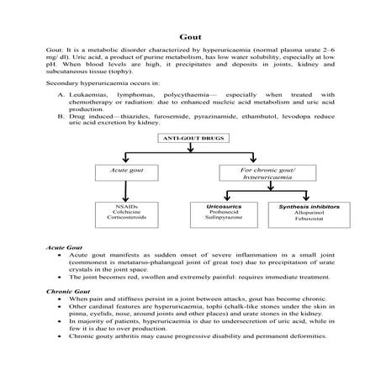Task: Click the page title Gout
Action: [x=190, y=37]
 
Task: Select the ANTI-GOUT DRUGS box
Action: [x=190, y=136]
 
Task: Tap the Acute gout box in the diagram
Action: [x=125, y=172]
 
